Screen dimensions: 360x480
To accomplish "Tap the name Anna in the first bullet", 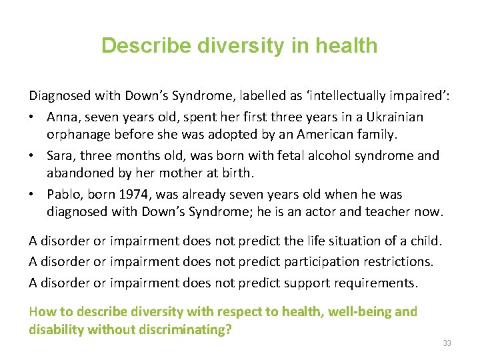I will pos(62,117).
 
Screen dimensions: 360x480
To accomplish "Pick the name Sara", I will pos(61,155).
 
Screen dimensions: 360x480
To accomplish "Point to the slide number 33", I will pos(446,343).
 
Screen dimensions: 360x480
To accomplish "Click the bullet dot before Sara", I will pos(33,156).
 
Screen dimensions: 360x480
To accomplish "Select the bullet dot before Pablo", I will pos(33,195).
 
